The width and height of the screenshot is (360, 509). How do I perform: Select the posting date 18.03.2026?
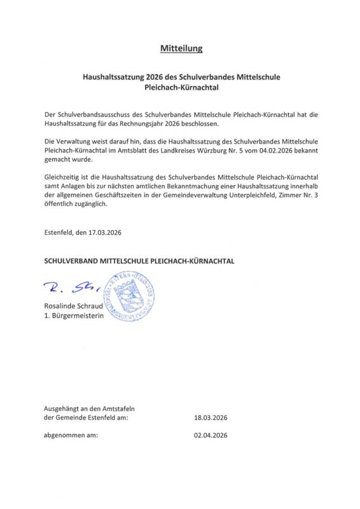[211, 418]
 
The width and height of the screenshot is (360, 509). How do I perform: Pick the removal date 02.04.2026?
[211, 436]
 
